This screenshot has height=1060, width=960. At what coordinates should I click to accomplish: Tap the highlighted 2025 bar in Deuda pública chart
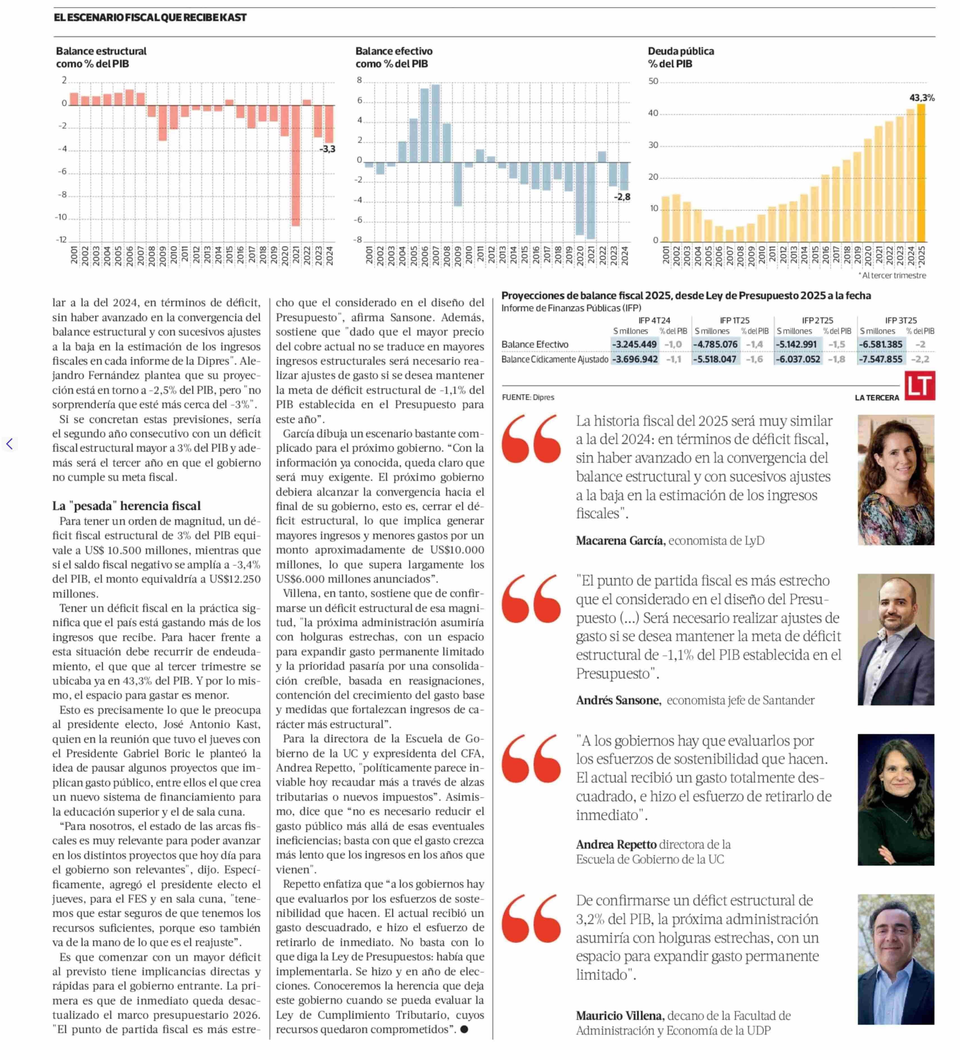click(x=921, y=173)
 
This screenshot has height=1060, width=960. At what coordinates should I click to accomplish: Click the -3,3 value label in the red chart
click(x=327, y=149)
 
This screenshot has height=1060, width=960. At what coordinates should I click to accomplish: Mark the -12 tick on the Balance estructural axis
click(x=62, y=240)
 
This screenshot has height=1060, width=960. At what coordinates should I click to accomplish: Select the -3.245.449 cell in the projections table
click(x=635, y=345)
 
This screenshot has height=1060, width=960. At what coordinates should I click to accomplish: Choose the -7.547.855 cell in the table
click(x=881, y=359)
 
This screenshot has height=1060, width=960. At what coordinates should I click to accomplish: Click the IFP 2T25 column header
click(x=817, y=320)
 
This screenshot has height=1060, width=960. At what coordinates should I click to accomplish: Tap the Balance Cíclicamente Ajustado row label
click(x=555, y=359)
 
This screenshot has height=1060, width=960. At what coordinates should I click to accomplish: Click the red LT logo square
click(x=920, y=386)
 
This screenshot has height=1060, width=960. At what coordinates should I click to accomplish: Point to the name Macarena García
click(x=620, y=540)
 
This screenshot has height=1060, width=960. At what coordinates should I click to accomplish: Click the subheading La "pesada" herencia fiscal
click(x=126, y=506)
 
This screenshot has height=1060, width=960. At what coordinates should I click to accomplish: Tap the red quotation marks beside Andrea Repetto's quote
click(x=531, y=759)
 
